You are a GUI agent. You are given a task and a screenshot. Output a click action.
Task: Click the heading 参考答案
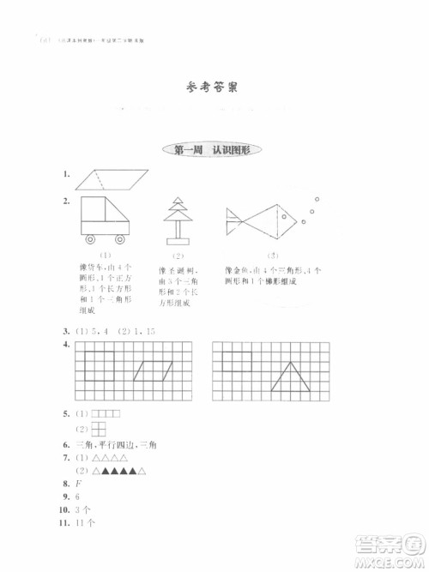pyautogui.click(x=214, y=87)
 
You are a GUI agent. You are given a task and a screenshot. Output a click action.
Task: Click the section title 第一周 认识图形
pyautogui.click(x=214, y=151)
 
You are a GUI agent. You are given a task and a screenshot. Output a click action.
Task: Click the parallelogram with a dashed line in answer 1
pyautogui.click(x=112, y=178)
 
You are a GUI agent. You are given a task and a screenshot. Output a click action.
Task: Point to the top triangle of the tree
pyautogui.click(x=178, y=202)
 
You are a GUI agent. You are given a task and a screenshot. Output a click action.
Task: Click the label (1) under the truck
pyautogui.click(x=106, y=256)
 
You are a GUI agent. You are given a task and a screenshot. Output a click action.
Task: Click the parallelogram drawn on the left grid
pyautogui.click(x=154, y=370)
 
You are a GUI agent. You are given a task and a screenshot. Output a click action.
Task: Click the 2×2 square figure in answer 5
pyautogui.click(x=100, y=430)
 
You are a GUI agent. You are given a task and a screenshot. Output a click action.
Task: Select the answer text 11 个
pyautogui.click(x=85, y=523)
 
